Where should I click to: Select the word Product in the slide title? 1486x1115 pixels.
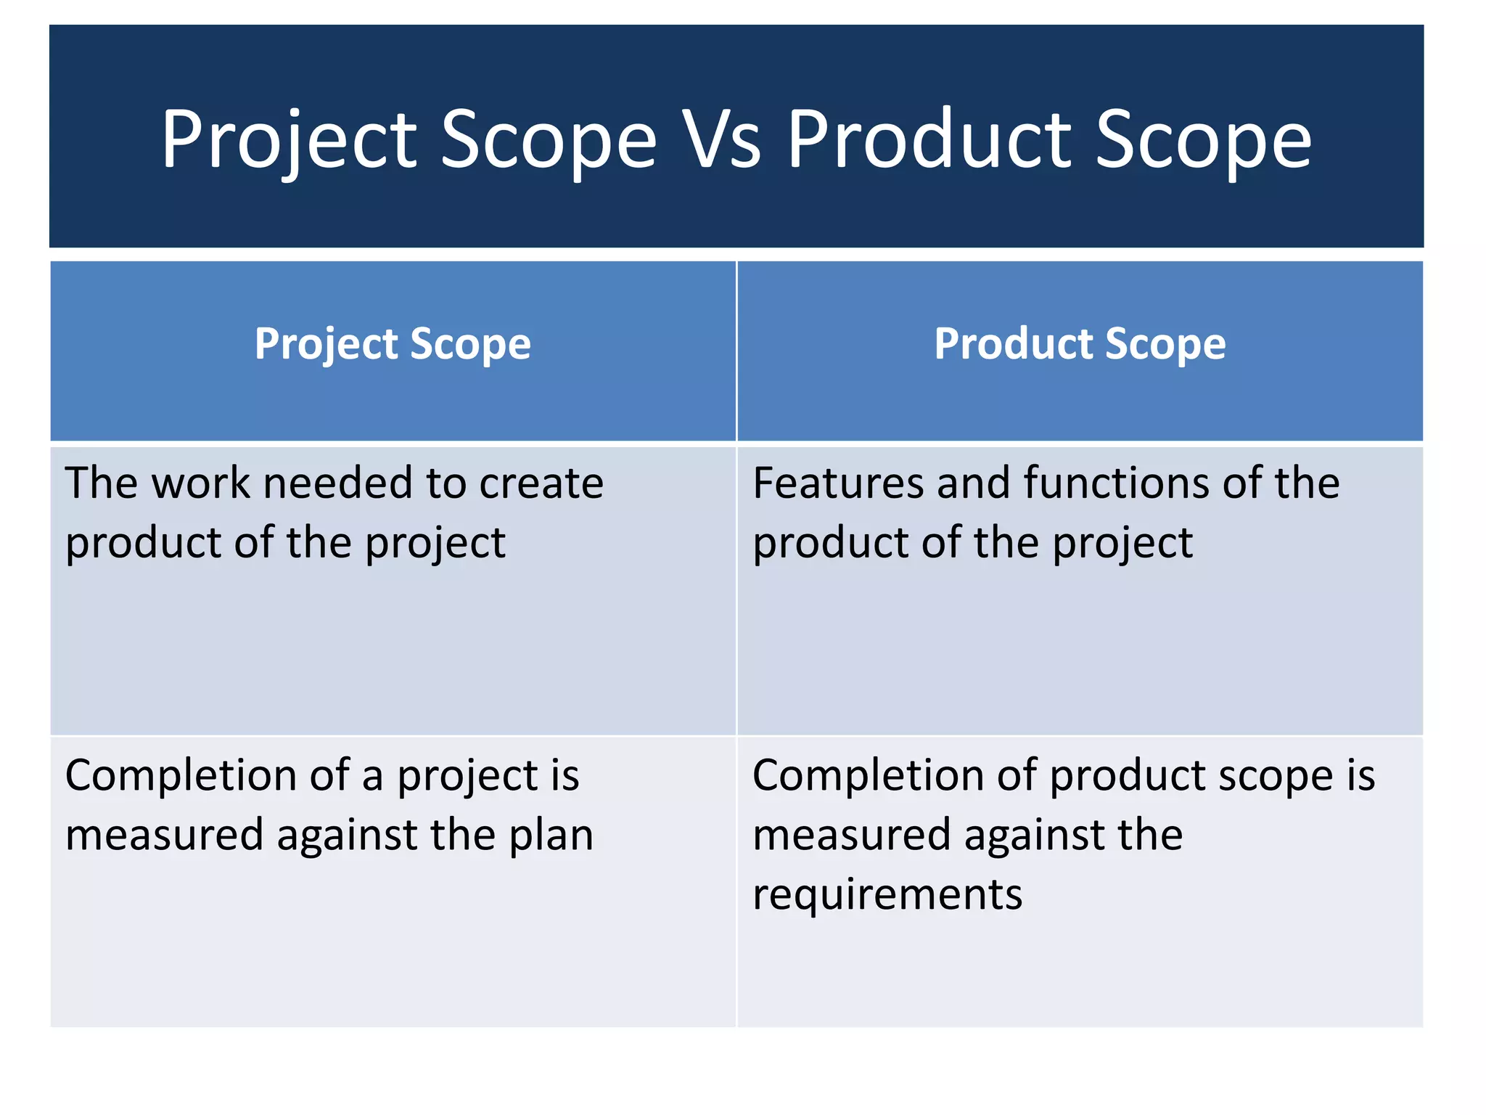click(929, 139)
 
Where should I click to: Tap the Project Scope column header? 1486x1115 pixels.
click(393, 344)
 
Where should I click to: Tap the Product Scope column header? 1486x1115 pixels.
click(1080, 344)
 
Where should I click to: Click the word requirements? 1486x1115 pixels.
click(887, 894)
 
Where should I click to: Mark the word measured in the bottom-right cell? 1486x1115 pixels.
click(851, 836)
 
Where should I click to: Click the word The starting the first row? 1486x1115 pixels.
click(101, 483)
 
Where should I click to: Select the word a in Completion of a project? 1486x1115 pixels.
click(372, 776)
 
